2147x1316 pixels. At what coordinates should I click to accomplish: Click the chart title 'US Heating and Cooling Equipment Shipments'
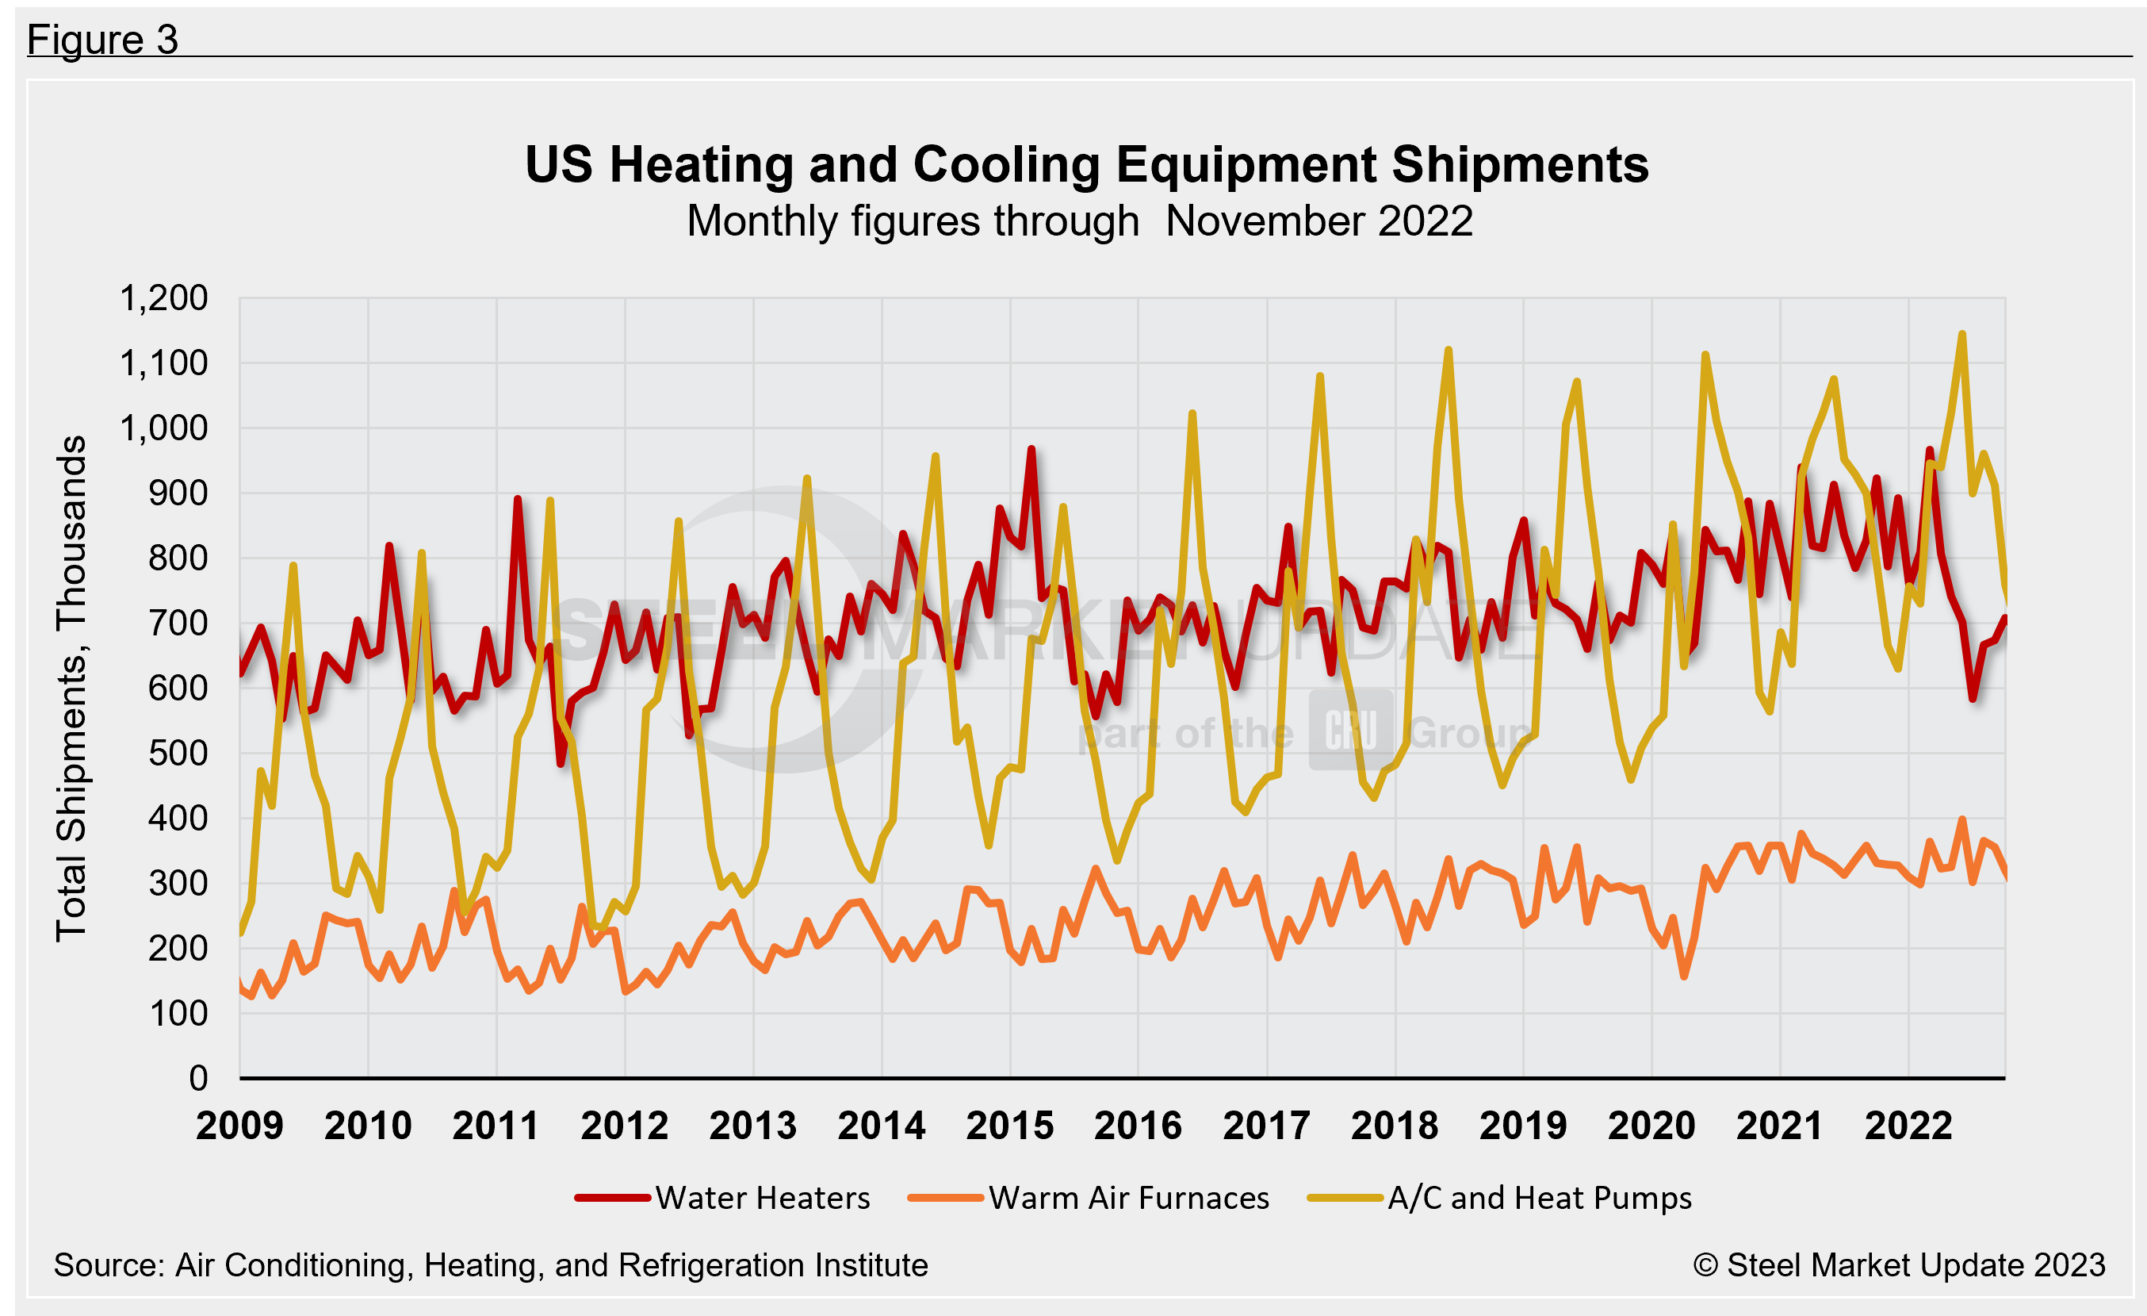(1086, 165)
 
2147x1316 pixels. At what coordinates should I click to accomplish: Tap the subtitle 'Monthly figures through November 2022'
(1079, 221)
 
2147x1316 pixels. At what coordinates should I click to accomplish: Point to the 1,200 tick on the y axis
(163, 299)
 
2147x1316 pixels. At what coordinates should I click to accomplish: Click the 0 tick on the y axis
(199, 1079)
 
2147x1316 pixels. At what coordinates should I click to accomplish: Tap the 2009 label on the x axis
(239, 1126)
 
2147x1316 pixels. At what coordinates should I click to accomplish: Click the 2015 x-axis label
(1010, 1126)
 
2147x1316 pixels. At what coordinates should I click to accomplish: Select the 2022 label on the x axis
(1908, 1126)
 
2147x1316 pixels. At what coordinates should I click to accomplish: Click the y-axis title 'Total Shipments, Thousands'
(71, 689)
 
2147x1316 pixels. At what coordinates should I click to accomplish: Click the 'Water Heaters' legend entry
(763, 1199)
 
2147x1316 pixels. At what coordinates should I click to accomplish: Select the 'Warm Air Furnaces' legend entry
(1128, 1199)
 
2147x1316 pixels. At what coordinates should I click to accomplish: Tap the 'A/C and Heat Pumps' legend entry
(1539, 1199)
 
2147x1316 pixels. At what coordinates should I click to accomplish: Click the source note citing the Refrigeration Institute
(491, 1265)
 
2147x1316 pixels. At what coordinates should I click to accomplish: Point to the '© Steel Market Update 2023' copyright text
(1899, 1265)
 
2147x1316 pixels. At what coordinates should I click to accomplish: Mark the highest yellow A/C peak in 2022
(1961, 334)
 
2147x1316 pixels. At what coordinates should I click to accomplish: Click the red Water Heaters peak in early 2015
(1031, 449)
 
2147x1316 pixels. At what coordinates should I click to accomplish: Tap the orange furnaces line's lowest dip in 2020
(1684, 976)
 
